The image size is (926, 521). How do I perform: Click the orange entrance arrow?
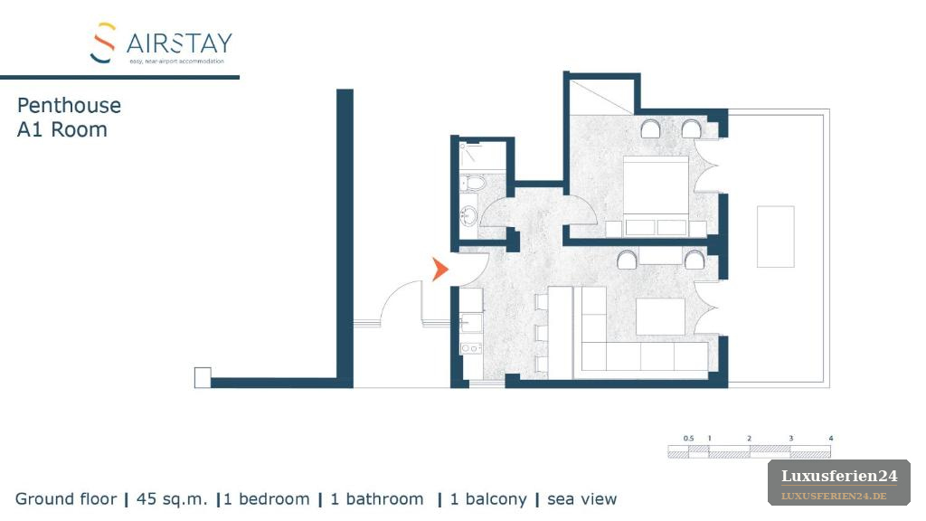pos(439,270)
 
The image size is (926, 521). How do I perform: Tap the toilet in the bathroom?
pos(472,183)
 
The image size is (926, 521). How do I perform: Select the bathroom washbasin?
pos(469,215)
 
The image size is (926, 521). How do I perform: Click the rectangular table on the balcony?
pos(775,236)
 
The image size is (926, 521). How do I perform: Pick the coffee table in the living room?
pos(660,316)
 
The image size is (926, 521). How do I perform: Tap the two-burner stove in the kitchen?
pos(470,348)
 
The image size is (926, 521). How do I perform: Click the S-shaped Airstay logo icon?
pos(103,43)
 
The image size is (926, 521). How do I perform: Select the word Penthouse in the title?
pos(69,105)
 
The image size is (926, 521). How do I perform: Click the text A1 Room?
pos(62,129)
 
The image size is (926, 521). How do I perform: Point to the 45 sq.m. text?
pos(172,499)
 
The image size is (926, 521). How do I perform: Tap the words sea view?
pos(581,499)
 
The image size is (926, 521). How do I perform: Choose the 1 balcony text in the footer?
pos(488,499)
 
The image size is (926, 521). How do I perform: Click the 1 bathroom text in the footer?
pos(377,499)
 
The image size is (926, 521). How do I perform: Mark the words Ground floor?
pos(66,499)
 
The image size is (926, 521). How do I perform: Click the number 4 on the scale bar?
pos(830,439)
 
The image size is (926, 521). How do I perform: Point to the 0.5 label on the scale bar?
pos(688,439)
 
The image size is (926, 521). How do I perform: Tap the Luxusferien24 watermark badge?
pos(839,483)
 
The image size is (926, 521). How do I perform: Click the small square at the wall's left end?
pos(203,377)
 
